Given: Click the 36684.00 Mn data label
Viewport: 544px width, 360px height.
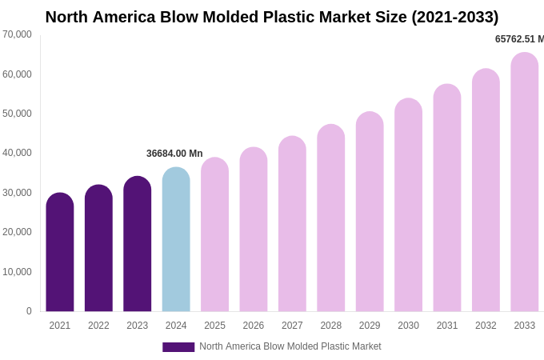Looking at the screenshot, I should point(174,154).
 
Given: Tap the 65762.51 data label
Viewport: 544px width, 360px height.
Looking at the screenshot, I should point(519,39).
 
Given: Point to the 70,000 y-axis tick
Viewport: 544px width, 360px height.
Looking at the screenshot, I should point(17,34).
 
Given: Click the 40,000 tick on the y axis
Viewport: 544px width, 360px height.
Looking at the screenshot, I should point(17,153).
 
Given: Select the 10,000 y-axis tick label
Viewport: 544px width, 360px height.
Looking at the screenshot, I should point(17,272).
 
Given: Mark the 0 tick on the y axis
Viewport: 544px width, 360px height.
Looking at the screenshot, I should point(29,311).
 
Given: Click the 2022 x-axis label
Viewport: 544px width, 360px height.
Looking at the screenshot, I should point(98,326).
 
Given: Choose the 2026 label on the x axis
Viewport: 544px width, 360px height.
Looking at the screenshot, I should point(254,326).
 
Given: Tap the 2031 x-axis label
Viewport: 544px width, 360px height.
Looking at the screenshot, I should point(447,326).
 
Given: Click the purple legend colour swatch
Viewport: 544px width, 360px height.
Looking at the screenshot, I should point(178,347).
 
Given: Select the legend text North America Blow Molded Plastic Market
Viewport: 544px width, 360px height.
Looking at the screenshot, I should point(290,346).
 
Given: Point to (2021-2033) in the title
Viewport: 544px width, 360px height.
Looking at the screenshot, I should point(454,17).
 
